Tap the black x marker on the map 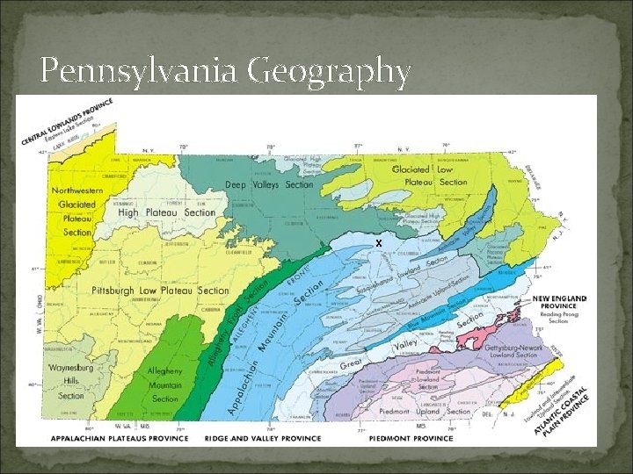(378, 242)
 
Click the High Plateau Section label (166, 212)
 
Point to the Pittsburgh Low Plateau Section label (161, 291)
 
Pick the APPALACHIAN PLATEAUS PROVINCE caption (119, 437)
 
